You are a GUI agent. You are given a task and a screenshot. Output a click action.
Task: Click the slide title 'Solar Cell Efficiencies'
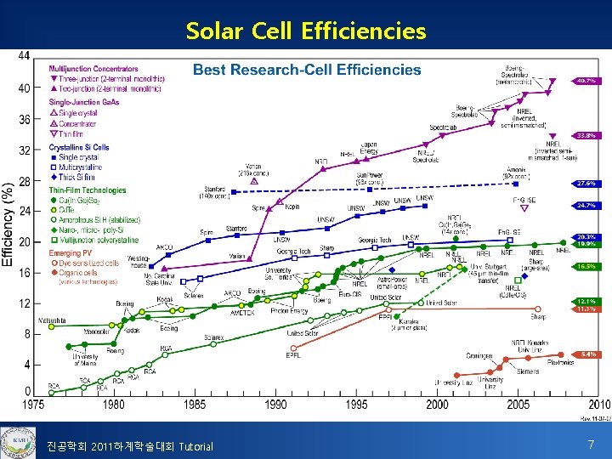click(x=306, y=31)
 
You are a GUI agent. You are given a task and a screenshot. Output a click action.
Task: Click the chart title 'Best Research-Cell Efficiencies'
click(x=307, y=70)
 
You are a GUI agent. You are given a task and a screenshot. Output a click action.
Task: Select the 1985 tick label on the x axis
click(x=195, y=405)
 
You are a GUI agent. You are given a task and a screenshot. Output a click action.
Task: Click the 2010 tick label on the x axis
click(x=598, y=405)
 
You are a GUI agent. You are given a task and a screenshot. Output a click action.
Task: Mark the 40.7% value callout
click(x=586, y=81)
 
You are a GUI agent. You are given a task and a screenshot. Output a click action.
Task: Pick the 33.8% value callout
click(x=586, y=135)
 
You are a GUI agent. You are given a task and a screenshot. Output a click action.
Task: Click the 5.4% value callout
click(x=586, y=354)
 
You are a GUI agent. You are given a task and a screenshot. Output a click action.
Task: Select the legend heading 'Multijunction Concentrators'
click(x=93, y=69)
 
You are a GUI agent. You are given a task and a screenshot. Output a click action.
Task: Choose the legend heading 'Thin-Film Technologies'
click(x=88, y=190)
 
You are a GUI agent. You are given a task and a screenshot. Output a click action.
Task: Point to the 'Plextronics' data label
click(x=559, y=363)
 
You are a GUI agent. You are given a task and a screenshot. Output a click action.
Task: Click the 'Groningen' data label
click(x=479, y=355)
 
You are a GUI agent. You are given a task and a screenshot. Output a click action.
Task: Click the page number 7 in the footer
click(x=591, y=444)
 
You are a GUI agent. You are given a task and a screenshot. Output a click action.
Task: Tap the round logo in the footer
click(x=16, y=440)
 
